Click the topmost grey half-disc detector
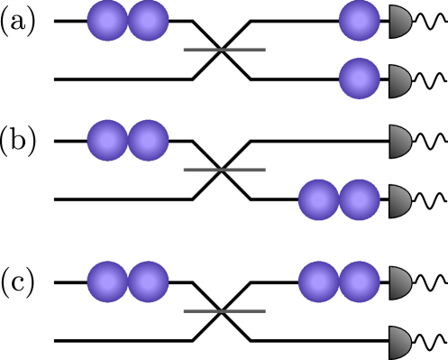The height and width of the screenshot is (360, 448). [x=398, y=22]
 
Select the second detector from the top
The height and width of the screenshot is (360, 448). [x=398, y=81]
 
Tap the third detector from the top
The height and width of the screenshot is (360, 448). [x=398, y=142]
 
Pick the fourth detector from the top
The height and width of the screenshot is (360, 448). [x=398, y=201]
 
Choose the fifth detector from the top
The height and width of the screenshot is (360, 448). [x=398, y=282]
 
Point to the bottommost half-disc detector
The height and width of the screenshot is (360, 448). [x=398, y=343]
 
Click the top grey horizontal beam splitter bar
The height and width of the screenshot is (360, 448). [x=224, y=50]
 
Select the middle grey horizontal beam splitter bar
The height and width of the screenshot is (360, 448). [x=224, y=170]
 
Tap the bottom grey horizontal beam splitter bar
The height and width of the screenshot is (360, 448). [x=224, y=310]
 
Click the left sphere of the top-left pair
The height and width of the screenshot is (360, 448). [x=107, y=21]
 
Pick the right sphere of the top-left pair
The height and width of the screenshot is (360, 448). [x=149, y=21]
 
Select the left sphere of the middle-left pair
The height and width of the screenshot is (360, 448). [x=107, y=141]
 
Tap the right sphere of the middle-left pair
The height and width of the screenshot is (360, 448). [x=149, y=141]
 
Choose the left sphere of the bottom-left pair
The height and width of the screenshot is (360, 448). [x=107, y=282]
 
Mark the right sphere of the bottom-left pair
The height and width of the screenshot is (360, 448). [x=149, y=282]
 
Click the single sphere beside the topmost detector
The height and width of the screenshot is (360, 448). [x=359, y=21]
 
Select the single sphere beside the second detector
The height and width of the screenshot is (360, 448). [x=359, y=78]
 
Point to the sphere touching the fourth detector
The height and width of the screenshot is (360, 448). [x=360, y=199]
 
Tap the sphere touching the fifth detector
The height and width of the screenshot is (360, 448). [x=360, y=282]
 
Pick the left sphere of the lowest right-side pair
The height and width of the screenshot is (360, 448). [x=318, y=282]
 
